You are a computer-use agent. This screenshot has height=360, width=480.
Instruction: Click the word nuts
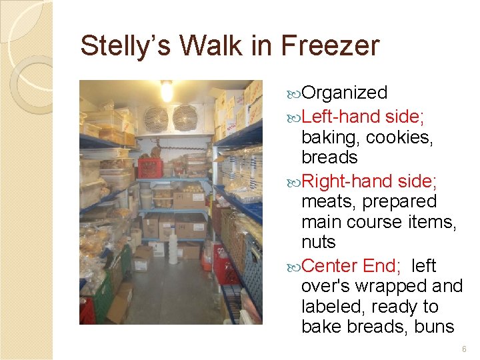pyautogui.click(x=318, y=241)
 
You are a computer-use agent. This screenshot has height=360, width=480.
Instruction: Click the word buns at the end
pyautogui.click(x=433, y=327)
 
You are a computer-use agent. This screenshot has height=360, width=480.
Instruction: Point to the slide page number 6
pyautogui.click(x=465, y=349)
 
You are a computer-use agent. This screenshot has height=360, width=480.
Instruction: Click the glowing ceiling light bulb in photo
pyautogui.click(x=167, y=90)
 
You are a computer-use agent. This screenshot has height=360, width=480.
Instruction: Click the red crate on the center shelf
pyautogui.click(x=150, y=167)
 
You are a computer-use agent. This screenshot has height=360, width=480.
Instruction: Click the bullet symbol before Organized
pyautogui.click(x=295, y=93)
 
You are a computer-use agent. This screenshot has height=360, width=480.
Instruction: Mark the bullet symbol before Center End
pyautogui.click(x=295, y=267)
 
